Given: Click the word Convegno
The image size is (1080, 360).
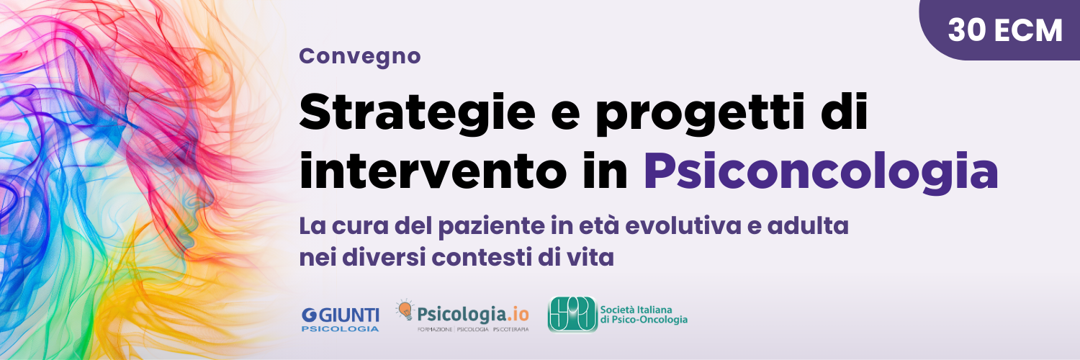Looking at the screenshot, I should click(359, 56).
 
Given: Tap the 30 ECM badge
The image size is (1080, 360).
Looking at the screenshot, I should click(1004, 30).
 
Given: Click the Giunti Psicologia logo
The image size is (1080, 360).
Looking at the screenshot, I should click(340, 319).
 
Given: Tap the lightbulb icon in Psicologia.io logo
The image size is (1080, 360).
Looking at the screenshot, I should click(405, 310).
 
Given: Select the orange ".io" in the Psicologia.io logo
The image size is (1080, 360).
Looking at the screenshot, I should click(516, 314).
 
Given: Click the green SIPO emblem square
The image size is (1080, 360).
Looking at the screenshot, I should click(572, 314).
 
